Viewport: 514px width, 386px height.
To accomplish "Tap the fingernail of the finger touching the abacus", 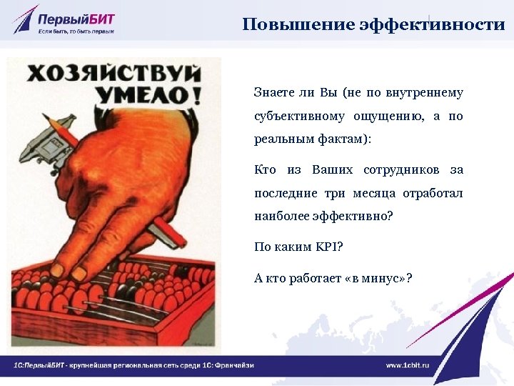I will (79, 272).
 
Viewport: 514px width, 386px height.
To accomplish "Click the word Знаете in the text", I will (272, 93).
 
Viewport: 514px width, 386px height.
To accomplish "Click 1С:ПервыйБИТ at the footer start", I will (39, 365).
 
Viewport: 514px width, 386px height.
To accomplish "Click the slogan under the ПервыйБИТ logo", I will (76, 32).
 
